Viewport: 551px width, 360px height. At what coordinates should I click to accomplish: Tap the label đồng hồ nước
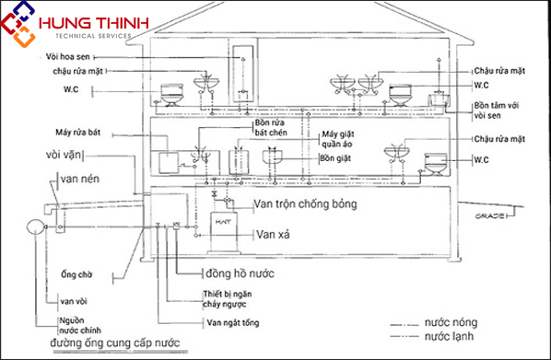(x=240, y=273)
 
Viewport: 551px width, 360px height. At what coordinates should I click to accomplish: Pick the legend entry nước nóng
(x=451, y=325)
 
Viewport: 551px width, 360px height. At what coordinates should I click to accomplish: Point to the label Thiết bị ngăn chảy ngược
(x=238, y=299)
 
